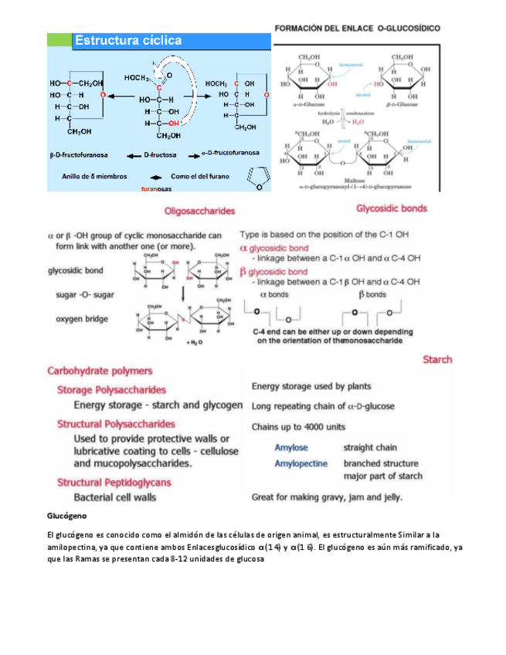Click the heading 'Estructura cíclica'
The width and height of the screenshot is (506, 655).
pyautogui.click(x=128, y=40)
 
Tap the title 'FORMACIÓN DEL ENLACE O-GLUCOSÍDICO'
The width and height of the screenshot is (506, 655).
pyautogui.click(x=358, y=27)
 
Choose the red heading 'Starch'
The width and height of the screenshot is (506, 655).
pyautogui.click(x=437, y=359)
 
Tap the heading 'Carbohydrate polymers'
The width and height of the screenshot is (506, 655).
pyautogui.click(x=100, y=371)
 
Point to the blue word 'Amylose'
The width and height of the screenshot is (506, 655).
pyautogui.click(x=290, y=447)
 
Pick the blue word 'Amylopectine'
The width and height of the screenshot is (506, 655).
pyautogui.click(x=302, y=463)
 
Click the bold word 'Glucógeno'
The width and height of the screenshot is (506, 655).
pyautogui.click(x=67, y=514)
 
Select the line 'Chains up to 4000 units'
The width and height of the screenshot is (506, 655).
pyautogui.click(x=309, y=426)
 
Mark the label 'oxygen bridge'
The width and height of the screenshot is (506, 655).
pyautogui.click(x=82, y=318)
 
